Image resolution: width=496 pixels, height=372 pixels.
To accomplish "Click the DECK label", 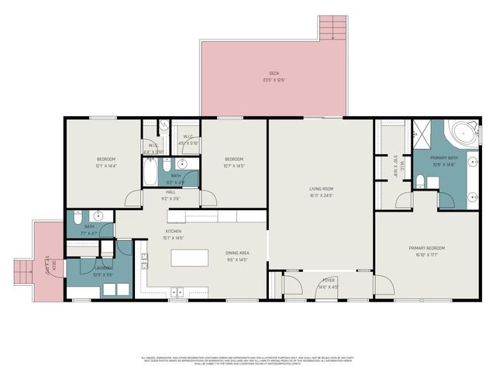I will click(274, 74).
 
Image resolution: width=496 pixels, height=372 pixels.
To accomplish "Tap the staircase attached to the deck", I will click(332, 29).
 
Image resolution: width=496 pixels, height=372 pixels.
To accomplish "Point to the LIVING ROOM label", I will click(321, 188).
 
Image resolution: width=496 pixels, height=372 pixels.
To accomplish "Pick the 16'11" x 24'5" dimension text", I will click(321, 195).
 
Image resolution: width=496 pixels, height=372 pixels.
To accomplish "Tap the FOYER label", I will click(329, 282).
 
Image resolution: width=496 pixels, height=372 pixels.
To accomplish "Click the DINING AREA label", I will click(237, 253).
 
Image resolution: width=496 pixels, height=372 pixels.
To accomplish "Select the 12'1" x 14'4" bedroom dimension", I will click(105, 165).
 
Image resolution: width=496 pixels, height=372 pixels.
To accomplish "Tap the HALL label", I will click(170, 193).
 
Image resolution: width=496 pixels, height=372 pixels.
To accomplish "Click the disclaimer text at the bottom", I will click(248, 360).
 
